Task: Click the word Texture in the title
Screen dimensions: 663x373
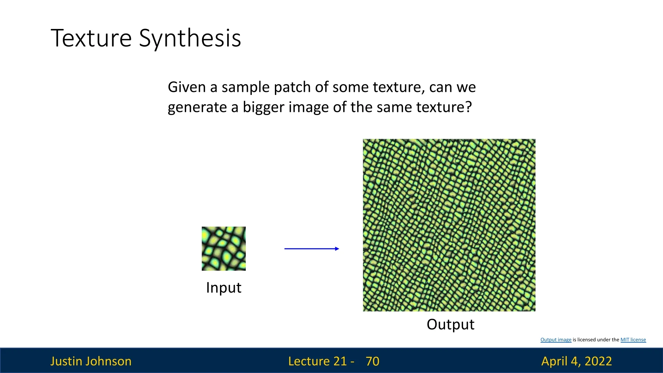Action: click(x=91, y=38)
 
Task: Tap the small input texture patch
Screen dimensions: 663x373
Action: click(x=224, y=249)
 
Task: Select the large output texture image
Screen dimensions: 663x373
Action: click(x=449, y=225)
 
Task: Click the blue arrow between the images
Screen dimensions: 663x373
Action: click(x=312, y=249)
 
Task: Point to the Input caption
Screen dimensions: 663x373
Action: click(x=224, y=288)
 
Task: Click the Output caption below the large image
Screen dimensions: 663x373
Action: click(x=451, y=325)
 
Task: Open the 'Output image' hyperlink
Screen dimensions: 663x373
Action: click(x=556, y=340)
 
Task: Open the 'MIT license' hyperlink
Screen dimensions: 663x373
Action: click(x=633, y=340)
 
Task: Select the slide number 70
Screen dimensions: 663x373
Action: click(x=373, y=361)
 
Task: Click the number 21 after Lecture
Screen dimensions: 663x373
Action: click(x=340, y=361)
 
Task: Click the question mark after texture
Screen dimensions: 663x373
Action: click(x=468, y=107)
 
